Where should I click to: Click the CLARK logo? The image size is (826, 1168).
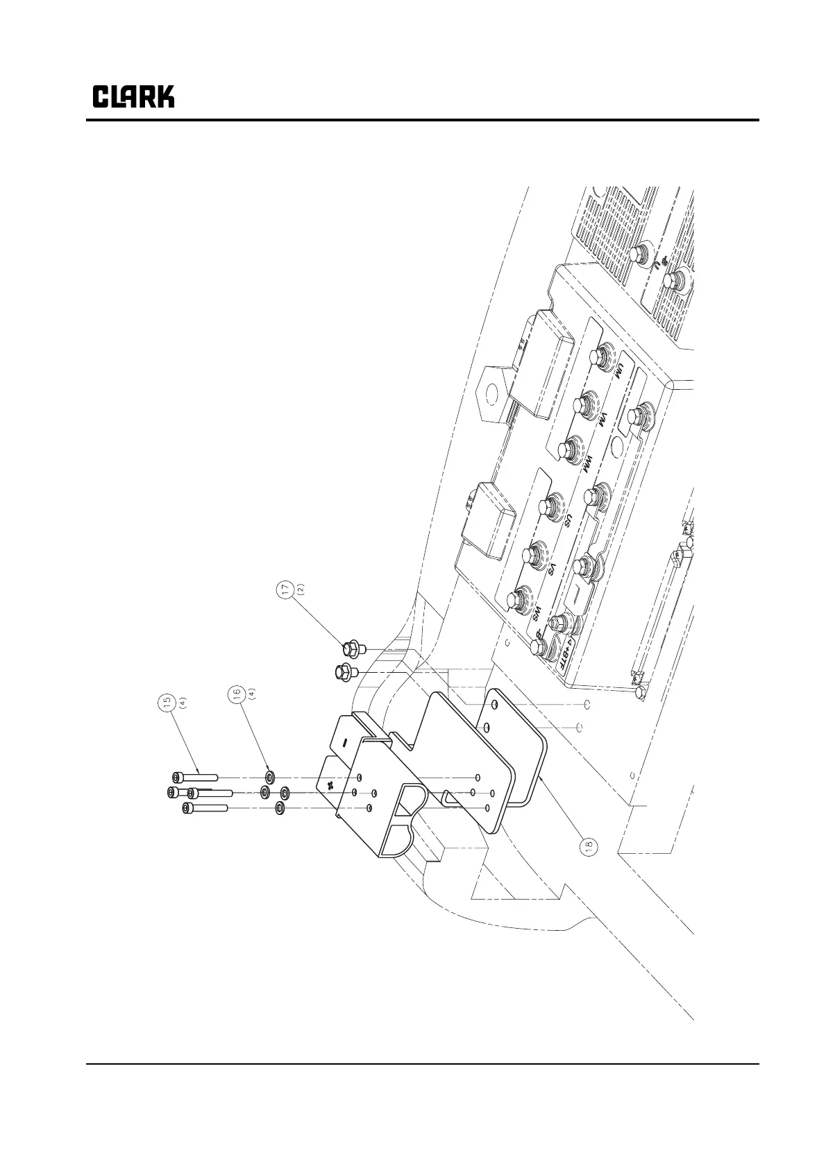pos(133,96)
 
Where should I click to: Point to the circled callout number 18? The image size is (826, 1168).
pos(588,845)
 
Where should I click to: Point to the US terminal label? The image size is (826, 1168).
pos(567,522)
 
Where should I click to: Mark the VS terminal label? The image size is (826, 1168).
pos(553,569)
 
